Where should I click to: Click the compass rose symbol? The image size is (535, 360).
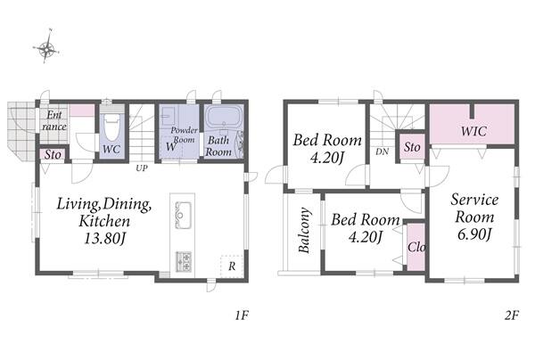click(x=46, y=48)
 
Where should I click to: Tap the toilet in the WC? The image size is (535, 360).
click(x=112, y=127)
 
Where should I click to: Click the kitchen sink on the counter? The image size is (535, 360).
click(x=183, y=216)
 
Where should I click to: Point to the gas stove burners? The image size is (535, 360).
click(x=183, y=261)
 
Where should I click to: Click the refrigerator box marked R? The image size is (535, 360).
click(x=232, y=266)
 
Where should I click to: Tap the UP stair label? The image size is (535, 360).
click(x=142, y=168)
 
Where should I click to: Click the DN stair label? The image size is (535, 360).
click(x=383, y=151)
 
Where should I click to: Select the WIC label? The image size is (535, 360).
click(x=473, y=131)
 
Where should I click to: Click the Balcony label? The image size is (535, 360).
click(x=304, y=230)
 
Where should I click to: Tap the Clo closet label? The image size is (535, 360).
click(x=416, y=247)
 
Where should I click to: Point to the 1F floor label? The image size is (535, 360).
click(x=242, y=315)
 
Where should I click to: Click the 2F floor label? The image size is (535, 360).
click(x=512, y=315)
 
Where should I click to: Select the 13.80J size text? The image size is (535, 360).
click(x=104, y=238)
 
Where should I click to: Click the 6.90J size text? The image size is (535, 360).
click(x=474, y=234)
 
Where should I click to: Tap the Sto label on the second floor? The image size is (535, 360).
click(x=412, y=147)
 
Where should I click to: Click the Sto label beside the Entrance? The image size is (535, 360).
click(x=53, y=154)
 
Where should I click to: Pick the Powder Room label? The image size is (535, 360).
click(x=185, y=135)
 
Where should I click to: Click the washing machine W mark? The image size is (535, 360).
click(x=171, y=147)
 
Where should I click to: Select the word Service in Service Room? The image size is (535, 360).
click(x=474, y=200)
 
